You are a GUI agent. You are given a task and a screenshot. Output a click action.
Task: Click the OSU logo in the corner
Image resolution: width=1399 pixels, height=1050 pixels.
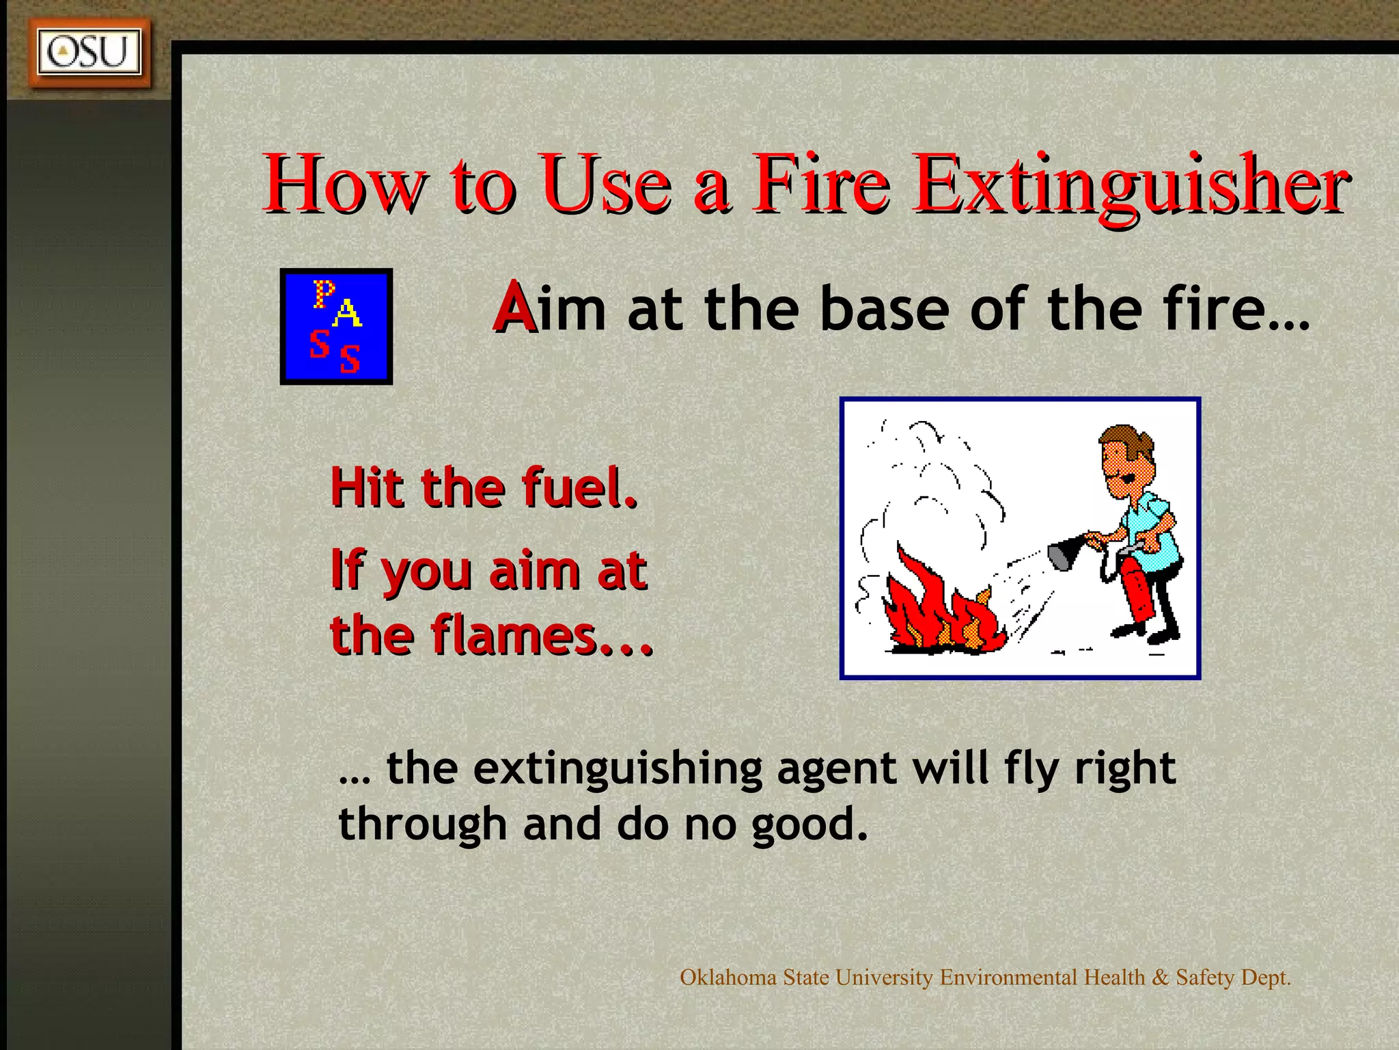[89, 52]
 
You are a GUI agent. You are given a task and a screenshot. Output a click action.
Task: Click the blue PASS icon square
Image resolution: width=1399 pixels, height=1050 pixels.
[336, 326]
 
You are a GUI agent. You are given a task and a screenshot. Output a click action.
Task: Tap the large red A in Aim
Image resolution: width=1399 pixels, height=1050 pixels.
[514, 308]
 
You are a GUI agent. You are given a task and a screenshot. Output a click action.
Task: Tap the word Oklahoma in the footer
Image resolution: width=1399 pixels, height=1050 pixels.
[728, 978]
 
